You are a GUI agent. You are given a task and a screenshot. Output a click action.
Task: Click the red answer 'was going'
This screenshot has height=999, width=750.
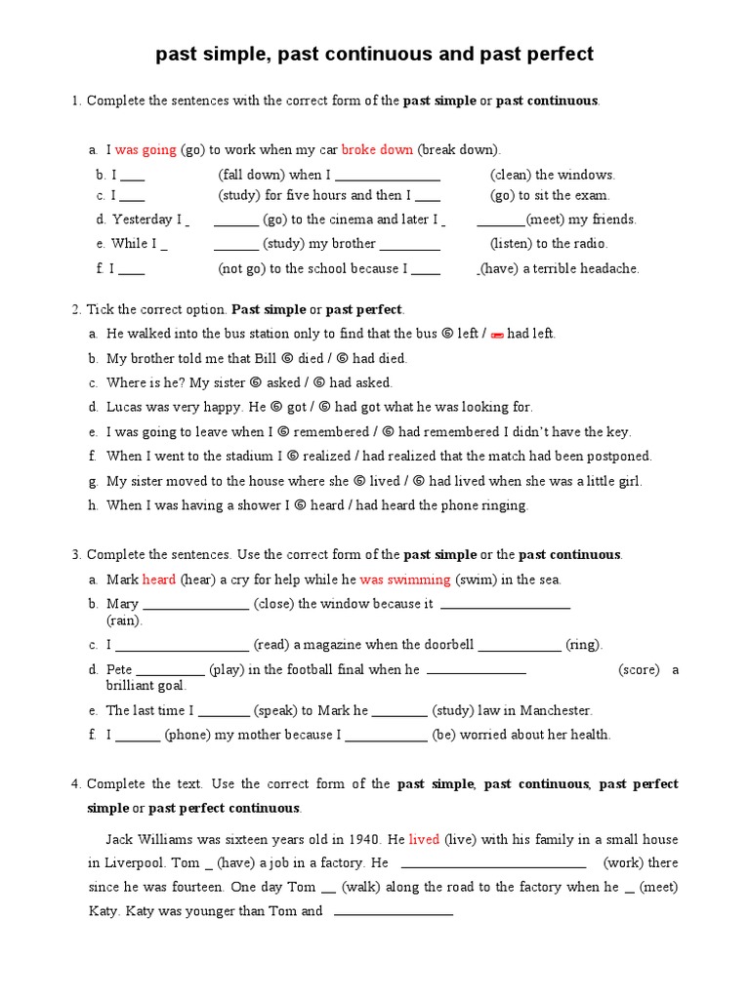click(146, 150)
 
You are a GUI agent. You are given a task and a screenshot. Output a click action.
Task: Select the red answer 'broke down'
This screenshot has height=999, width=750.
click(377, 150)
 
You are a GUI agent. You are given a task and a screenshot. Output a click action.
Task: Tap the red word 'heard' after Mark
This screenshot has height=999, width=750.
click(159, 579)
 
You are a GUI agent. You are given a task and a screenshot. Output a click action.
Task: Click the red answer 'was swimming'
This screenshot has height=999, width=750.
click(405, 579)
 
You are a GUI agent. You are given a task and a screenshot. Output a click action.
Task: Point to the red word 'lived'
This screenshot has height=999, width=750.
click(424, 839)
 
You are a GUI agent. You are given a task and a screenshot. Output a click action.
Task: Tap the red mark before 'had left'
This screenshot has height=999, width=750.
click(495, 335)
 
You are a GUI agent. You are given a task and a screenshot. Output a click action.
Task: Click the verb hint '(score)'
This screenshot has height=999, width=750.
click(639, 669)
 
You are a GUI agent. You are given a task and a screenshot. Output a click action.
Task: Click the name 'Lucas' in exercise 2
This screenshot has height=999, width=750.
click(125, 407)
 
